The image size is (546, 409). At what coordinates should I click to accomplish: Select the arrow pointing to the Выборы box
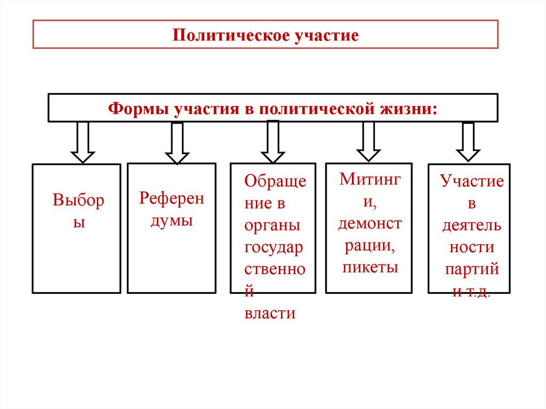click(83, 141)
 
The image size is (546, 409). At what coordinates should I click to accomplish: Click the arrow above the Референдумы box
click(176, 142)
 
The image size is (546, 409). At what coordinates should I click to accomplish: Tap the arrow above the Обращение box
click(273, 141)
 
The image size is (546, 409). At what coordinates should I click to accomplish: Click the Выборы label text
click(78, 211)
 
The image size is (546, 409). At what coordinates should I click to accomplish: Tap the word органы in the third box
click(272, 225)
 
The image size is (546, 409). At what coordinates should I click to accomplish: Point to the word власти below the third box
click(270, 313)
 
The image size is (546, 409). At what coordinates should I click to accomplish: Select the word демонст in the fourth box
click(370, 223)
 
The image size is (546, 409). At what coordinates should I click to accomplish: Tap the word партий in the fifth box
click(472, 269)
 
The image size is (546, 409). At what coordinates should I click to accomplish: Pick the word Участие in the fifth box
click(472, 181)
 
